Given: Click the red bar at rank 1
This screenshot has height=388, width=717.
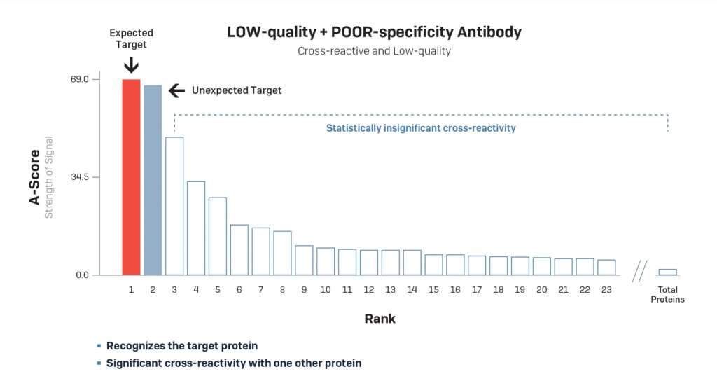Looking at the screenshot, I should pyautogui.click(x=131, y=176).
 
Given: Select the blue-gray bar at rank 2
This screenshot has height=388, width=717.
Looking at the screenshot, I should pyautogui.click(x=153, y=180).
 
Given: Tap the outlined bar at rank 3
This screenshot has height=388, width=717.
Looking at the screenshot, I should pyautogui.click(x=174, y=206).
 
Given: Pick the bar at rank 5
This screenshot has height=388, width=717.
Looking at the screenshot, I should pyautogui.click(x=218, y=236).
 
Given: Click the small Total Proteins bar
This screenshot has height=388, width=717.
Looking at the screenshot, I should pyautogui.click(x=667, y=272).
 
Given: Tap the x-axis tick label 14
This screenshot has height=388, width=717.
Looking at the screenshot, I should pyautogui.click(x=412, y=289).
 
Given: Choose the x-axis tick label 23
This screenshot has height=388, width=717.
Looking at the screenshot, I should pyautogui.click(x=606, y=289).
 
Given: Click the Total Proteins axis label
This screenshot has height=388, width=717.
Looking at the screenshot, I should pyautogui.click(x=667, y=294).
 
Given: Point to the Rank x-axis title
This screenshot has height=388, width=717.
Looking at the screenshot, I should pyautogui.click(x=380, y=319).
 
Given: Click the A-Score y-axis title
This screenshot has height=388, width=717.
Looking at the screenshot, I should pyautogui.click(x=34, y=176).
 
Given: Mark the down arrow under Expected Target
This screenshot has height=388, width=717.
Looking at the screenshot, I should pyautogui.click(x=131, y=64).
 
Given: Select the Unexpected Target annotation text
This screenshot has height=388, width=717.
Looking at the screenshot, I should pyautogui.click(x=236, y=90).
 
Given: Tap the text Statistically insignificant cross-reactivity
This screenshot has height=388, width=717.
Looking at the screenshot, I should pyautogui.click(x=421, y=128).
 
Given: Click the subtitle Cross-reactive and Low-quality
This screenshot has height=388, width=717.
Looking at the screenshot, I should pyautogui.click(x=374, y=51).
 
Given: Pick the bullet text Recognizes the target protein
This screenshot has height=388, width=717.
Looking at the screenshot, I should pyautogui.click(x=182, y=346).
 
